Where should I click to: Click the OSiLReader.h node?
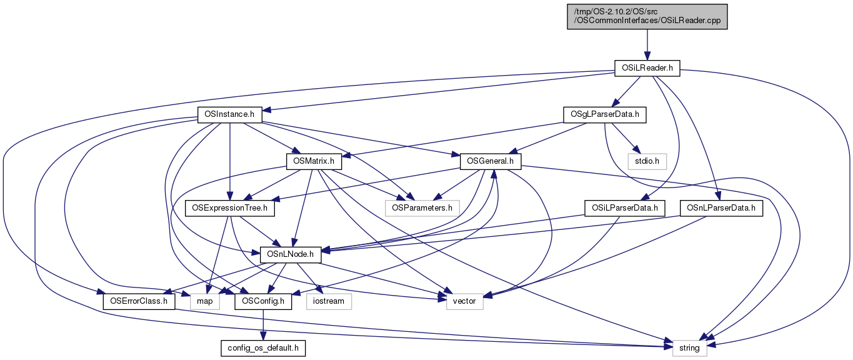(x=647, y=67)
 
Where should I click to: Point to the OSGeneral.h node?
(x=491, y=161)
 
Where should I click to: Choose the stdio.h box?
(x=647, y=161)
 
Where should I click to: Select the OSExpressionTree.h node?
(x=230, y=208)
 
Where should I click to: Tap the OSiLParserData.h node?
(x=624, y=208)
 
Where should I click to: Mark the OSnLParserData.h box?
(x=721, y=208)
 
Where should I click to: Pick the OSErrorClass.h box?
(x=139, y=301)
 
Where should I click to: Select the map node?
(x=205, y=301)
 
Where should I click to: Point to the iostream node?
(x=329, y=301)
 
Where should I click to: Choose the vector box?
(x=464, y=301)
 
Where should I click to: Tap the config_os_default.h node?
(x=263, y=348)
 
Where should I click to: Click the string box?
(x=690, y=348)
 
